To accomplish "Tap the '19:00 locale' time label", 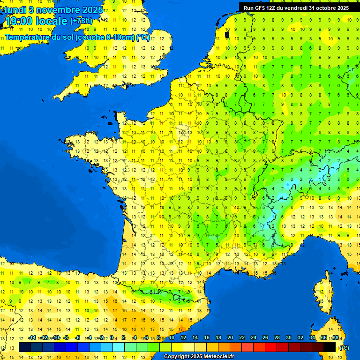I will (x=36, y=21).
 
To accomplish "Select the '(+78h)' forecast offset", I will (x=81, y=21).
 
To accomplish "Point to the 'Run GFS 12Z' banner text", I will (x=263, y=8).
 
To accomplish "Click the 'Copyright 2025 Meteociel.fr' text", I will (x=199, y=357).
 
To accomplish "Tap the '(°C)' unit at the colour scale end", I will (x=344, y=347).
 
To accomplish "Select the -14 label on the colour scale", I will (x=32, y=338).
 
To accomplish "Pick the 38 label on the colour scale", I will (x=336, y=338).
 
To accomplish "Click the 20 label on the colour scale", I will (x=230, y=338).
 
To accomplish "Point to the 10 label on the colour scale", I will (x=172, y=338).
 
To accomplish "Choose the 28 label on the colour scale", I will (x=277, y=338).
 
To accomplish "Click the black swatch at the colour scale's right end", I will (x=330, y=347).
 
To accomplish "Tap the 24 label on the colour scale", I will (x=254, y=338).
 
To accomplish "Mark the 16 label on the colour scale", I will (x=207, y=338).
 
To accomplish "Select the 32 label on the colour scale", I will (x=300, y=338).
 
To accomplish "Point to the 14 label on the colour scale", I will (x=195, y=338).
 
